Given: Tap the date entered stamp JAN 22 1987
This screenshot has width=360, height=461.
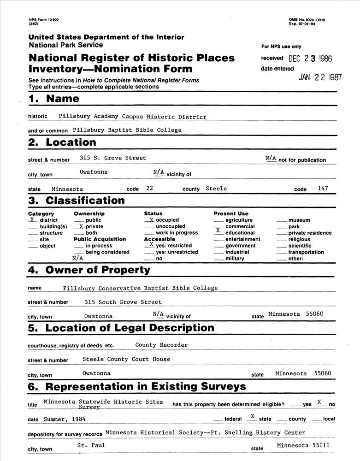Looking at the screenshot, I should tap(320, 77).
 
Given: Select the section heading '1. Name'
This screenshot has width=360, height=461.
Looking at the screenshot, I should tap(53, 99).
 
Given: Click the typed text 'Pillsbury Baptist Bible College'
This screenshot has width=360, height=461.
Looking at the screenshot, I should tap(127, 130).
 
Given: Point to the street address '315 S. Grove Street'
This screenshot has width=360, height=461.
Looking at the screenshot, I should tap(112, 158).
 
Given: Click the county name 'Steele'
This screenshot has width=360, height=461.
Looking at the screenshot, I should tap(216, 189).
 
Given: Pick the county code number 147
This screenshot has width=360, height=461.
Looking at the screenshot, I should tap(323, 188).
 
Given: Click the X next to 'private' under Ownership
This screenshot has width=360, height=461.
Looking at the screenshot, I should tap(81, 226).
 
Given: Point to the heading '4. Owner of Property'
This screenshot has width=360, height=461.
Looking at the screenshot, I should tap(89, 270).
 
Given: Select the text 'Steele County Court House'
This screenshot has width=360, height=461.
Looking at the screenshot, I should tap(126, 359).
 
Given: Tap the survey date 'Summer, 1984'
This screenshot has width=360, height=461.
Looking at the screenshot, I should tap(65, 420).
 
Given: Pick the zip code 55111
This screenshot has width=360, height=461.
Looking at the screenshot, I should tap(319, 445).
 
